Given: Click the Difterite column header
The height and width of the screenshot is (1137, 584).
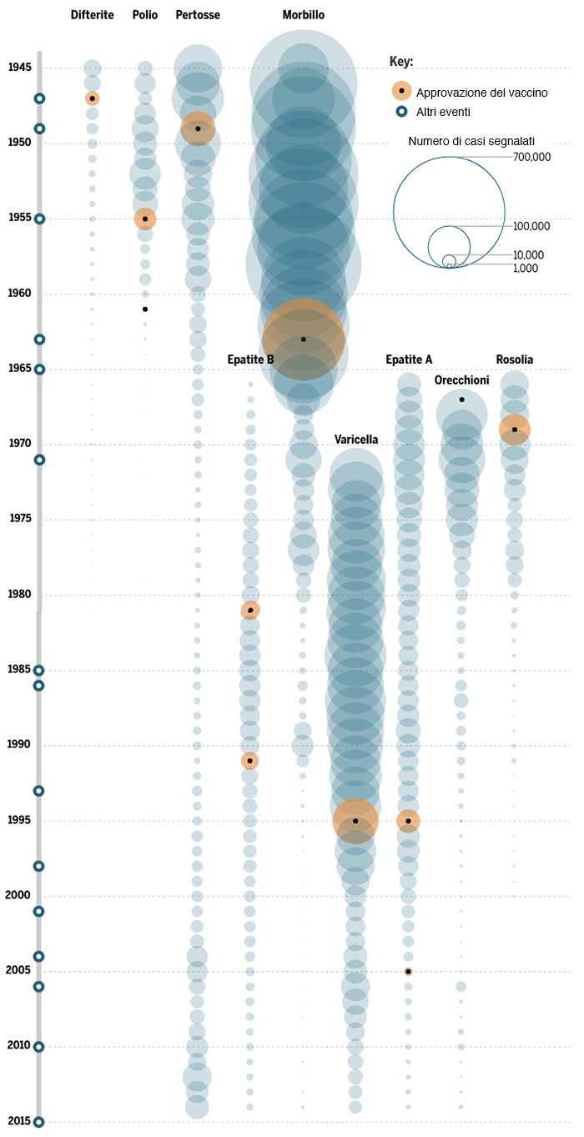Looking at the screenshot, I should (x=92, y=15).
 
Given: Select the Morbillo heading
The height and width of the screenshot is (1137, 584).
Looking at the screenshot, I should (x=304, y=15).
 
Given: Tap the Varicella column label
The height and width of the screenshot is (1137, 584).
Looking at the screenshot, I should (x=356, y=440).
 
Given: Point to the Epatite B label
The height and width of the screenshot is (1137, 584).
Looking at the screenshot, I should (x=250, y=360).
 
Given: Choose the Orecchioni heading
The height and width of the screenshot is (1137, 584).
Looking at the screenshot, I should (x=461, y=380).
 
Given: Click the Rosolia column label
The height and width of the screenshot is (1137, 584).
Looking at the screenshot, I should (x=514, y=360).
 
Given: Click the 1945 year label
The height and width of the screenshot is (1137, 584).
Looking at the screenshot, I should (x=20, y=67).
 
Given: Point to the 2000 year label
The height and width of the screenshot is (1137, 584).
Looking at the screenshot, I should (x=18, y=895).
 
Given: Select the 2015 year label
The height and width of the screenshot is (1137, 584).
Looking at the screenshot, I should (x=18, y=1121).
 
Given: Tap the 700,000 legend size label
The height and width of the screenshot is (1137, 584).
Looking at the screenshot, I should (x=531, y=157).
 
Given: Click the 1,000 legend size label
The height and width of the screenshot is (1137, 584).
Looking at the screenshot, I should (x=526, y=269).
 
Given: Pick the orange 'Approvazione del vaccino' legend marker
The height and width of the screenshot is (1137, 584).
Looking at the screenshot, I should (x=401, y=91).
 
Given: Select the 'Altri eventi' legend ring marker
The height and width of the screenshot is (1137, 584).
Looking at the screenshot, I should (x=401, y=111).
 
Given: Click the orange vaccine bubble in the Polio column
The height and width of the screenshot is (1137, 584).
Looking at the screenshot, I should (x=145, y=219).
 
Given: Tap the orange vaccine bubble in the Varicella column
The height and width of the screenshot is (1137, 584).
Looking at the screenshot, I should (x=355, y=821).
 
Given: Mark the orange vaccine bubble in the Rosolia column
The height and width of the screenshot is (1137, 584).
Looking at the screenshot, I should (x=514, y=430).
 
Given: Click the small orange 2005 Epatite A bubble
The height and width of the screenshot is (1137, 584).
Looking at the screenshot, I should (x=408, y=972).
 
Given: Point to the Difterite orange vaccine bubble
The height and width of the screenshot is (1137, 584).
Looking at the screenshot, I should (x=92, y=98).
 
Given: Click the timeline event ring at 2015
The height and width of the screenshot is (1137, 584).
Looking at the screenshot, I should (x=39, y=1122).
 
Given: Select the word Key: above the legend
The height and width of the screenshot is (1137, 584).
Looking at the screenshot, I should (x=401, y=62).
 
